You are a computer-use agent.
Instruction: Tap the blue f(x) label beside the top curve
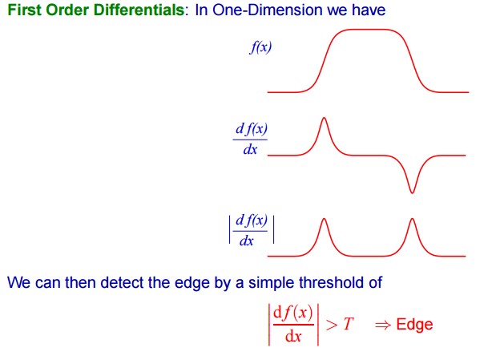pos(260,47)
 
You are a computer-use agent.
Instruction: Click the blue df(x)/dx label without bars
pos(250,139)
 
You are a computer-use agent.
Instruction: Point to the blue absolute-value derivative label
pos(252,229)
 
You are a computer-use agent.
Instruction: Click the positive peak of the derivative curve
pos(324,118)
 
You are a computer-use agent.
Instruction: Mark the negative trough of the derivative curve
pos(412,192)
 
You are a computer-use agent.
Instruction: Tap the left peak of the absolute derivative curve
pos(324,220)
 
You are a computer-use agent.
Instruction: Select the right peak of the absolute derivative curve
pos(412,220)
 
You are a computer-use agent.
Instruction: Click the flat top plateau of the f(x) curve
pos(366,30)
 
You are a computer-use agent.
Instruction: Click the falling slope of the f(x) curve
pos(412,61)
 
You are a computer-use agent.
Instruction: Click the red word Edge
pos(414,324)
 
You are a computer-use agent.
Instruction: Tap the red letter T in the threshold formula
pos(348,324)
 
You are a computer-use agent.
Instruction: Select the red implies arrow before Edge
pos(383,325)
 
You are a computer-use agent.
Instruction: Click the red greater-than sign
pos(332,325)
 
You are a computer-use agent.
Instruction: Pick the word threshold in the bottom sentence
pos(332,283)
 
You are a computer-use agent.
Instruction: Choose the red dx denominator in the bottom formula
pos(293,337)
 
